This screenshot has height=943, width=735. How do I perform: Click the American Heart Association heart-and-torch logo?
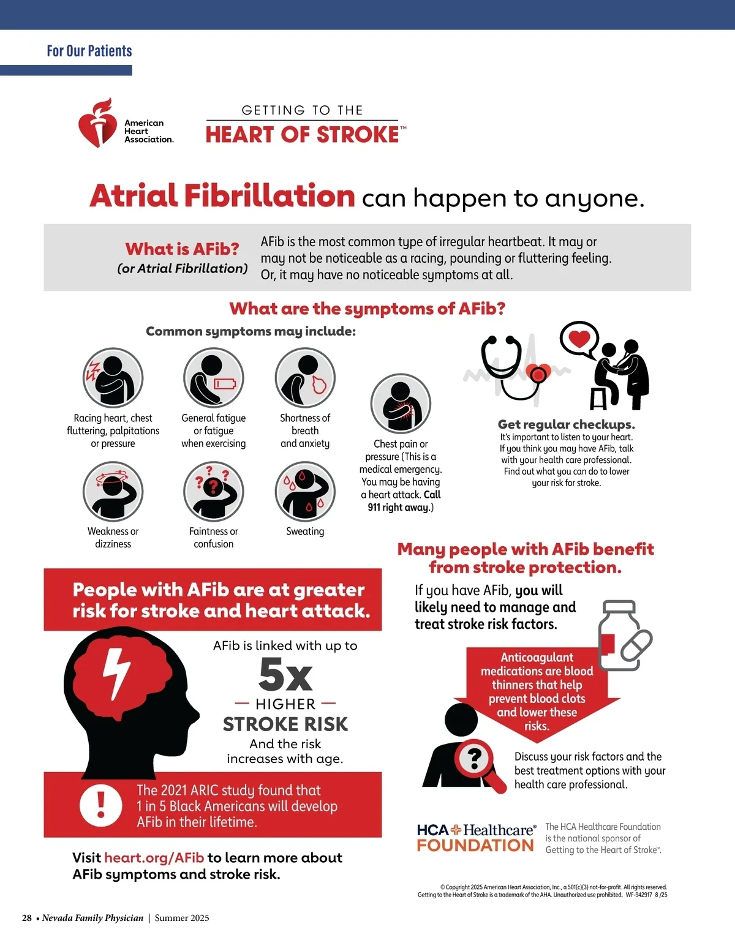pos(97,122)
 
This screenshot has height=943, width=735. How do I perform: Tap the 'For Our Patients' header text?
pos(89,51)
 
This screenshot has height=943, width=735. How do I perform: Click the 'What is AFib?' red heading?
pos(182,249)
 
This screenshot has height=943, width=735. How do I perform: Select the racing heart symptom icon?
pos(113,378)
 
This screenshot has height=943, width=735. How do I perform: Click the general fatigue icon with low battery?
pos(214,378)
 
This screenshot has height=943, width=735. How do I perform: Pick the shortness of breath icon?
pos(305,378)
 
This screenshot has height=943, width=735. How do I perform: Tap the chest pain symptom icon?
pos(401,404)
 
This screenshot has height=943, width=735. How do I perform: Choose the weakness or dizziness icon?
pos(113,492)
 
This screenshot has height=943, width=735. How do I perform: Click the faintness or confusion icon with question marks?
pos(214,492)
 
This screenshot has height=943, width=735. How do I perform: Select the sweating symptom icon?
pos(305,492)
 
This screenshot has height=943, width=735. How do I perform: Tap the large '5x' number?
pos(285,675)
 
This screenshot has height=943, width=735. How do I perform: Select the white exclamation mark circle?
pos(101,805)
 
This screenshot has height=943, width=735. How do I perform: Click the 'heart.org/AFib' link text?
pos(154,858)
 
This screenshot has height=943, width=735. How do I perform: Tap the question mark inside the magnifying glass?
pos(475,759)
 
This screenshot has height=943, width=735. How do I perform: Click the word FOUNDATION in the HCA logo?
pos(475,846)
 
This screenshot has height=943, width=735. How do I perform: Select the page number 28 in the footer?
pos(27,918)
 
